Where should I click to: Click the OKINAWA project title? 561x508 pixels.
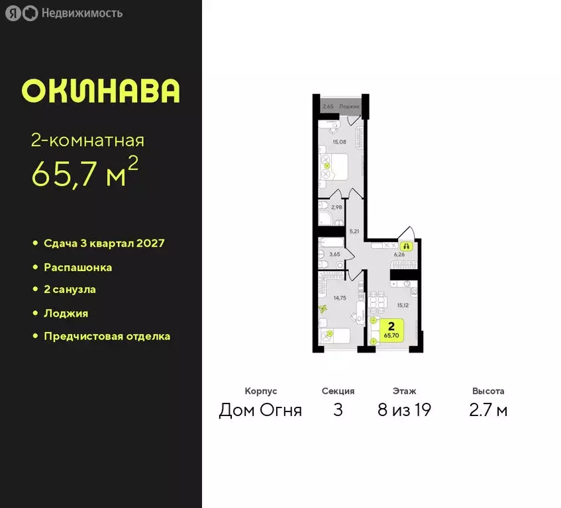[101, 91]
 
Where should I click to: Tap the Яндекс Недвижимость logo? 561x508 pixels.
[64, 13]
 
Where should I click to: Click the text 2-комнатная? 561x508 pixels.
[87, 140]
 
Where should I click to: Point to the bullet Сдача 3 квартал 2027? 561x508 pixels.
[104, 243]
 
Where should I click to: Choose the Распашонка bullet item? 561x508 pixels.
[77, 267]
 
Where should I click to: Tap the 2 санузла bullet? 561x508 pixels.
[70, 290]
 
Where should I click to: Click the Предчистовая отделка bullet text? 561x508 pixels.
[107, 336]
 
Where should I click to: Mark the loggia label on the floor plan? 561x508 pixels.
[349, 106]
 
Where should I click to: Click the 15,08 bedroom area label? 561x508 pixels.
[339, 142]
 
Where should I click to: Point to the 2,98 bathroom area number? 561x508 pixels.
[336, 207]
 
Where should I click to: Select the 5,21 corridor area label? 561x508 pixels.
[353, 232]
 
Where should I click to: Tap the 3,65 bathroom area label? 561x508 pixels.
[335, 254]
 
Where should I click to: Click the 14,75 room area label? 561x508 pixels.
[339, 298]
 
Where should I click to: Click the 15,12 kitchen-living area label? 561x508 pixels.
[403, 306]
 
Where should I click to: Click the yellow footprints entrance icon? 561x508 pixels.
[407, 245]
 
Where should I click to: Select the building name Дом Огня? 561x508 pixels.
[260, 410]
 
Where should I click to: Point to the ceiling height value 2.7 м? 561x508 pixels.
[488, 410]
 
